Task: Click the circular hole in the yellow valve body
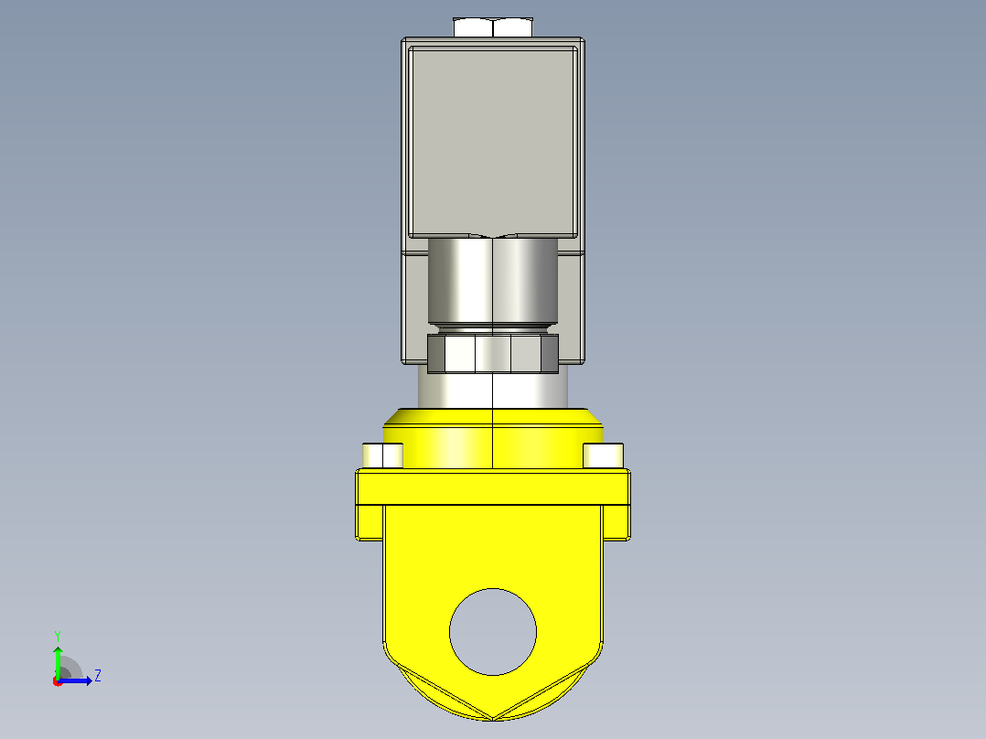(x=493, y=631)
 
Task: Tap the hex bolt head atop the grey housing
(x=493, y=27)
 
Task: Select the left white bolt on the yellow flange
(x=382, y=455)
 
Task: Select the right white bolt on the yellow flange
(x=603, y=455)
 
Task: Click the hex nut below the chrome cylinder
(x=493, y=353)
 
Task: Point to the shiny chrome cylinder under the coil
(x=493, y=281)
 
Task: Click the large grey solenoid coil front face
(x=493, y=142)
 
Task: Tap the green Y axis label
(x=58, y=636)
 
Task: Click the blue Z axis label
(x=98, y=676)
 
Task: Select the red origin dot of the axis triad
(x=58, y=681)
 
